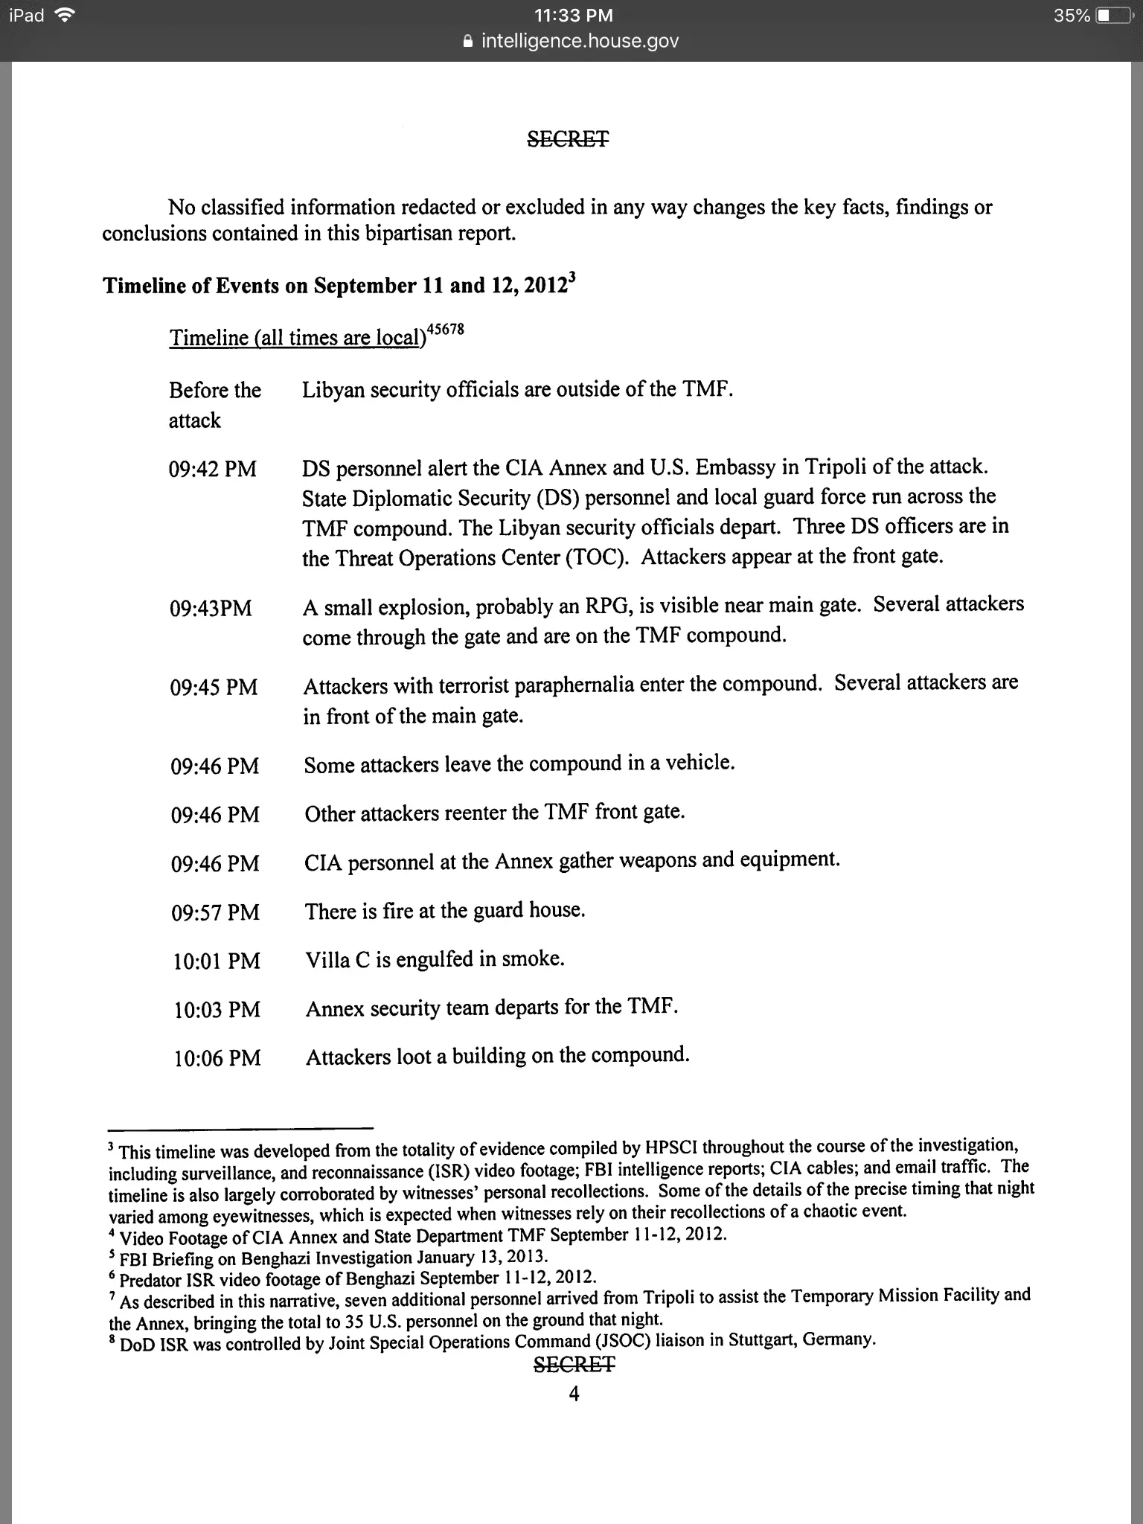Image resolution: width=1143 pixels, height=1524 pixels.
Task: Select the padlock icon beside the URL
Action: coord(467,42)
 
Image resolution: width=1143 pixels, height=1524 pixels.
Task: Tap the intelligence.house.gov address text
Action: coord(580,41)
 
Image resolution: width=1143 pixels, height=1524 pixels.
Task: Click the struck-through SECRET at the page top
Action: coord(569,138)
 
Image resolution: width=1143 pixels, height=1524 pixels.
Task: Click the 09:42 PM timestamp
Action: coord(213,470)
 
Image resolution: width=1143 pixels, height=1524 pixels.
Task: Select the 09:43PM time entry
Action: coord(211,609)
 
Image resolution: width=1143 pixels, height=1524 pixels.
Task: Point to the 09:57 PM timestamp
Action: coord(215,912)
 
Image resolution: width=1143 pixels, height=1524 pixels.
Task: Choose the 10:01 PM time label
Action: coord(217,961)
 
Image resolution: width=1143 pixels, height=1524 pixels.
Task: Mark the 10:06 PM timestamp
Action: coord(217,1058)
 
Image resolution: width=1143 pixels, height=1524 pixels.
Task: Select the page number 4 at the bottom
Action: coord(574,1394)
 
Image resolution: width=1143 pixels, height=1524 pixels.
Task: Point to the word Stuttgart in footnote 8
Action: coord(763,1340)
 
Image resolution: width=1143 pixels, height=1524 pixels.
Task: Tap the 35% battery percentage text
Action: coord(1072,16)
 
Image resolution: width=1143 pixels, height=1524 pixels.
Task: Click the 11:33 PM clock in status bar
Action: coord(574,16)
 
